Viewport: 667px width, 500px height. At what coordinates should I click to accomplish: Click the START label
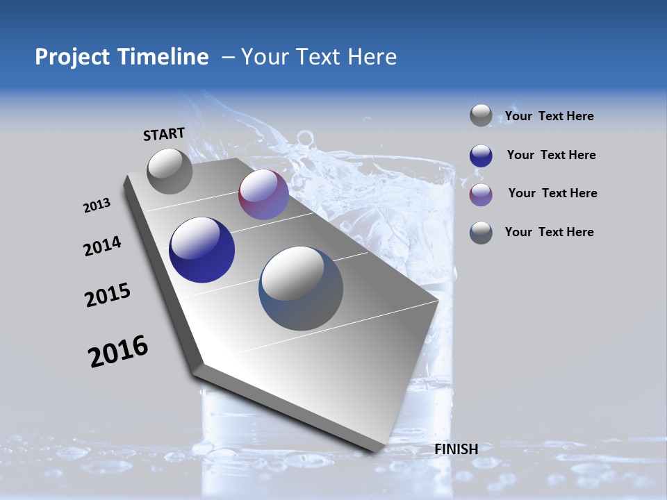coord(164,134)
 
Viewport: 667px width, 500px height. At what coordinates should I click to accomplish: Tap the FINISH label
coord(456,449)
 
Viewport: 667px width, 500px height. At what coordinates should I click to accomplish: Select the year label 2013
coord(97,206)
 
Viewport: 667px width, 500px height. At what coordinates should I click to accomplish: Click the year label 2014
coord(103,247)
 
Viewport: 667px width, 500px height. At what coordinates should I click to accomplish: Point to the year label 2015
coord(108,295)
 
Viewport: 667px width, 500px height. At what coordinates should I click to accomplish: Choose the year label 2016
coord(118,351)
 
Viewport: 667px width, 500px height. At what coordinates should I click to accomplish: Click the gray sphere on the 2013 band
coord(170,171)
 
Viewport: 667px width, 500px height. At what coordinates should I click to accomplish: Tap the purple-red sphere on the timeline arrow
coord(263,195)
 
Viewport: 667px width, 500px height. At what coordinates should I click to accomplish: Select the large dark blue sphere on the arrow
coord(202,250)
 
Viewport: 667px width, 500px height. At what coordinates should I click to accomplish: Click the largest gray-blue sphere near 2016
coord(301,288)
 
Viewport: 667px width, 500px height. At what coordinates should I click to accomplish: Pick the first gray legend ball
coord(481,116)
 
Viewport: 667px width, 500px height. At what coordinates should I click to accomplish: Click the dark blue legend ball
coord(481,156)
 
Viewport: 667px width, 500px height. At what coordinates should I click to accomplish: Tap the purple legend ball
coord(481,194)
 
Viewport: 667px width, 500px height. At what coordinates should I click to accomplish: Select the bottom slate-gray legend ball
coord(481,233)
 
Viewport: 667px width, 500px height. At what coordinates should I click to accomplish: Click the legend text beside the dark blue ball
coord(551,155)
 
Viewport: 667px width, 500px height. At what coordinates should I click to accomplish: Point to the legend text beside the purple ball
coord(552,193)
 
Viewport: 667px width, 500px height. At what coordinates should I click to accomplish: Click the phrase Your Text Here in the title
coord(319,57)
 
